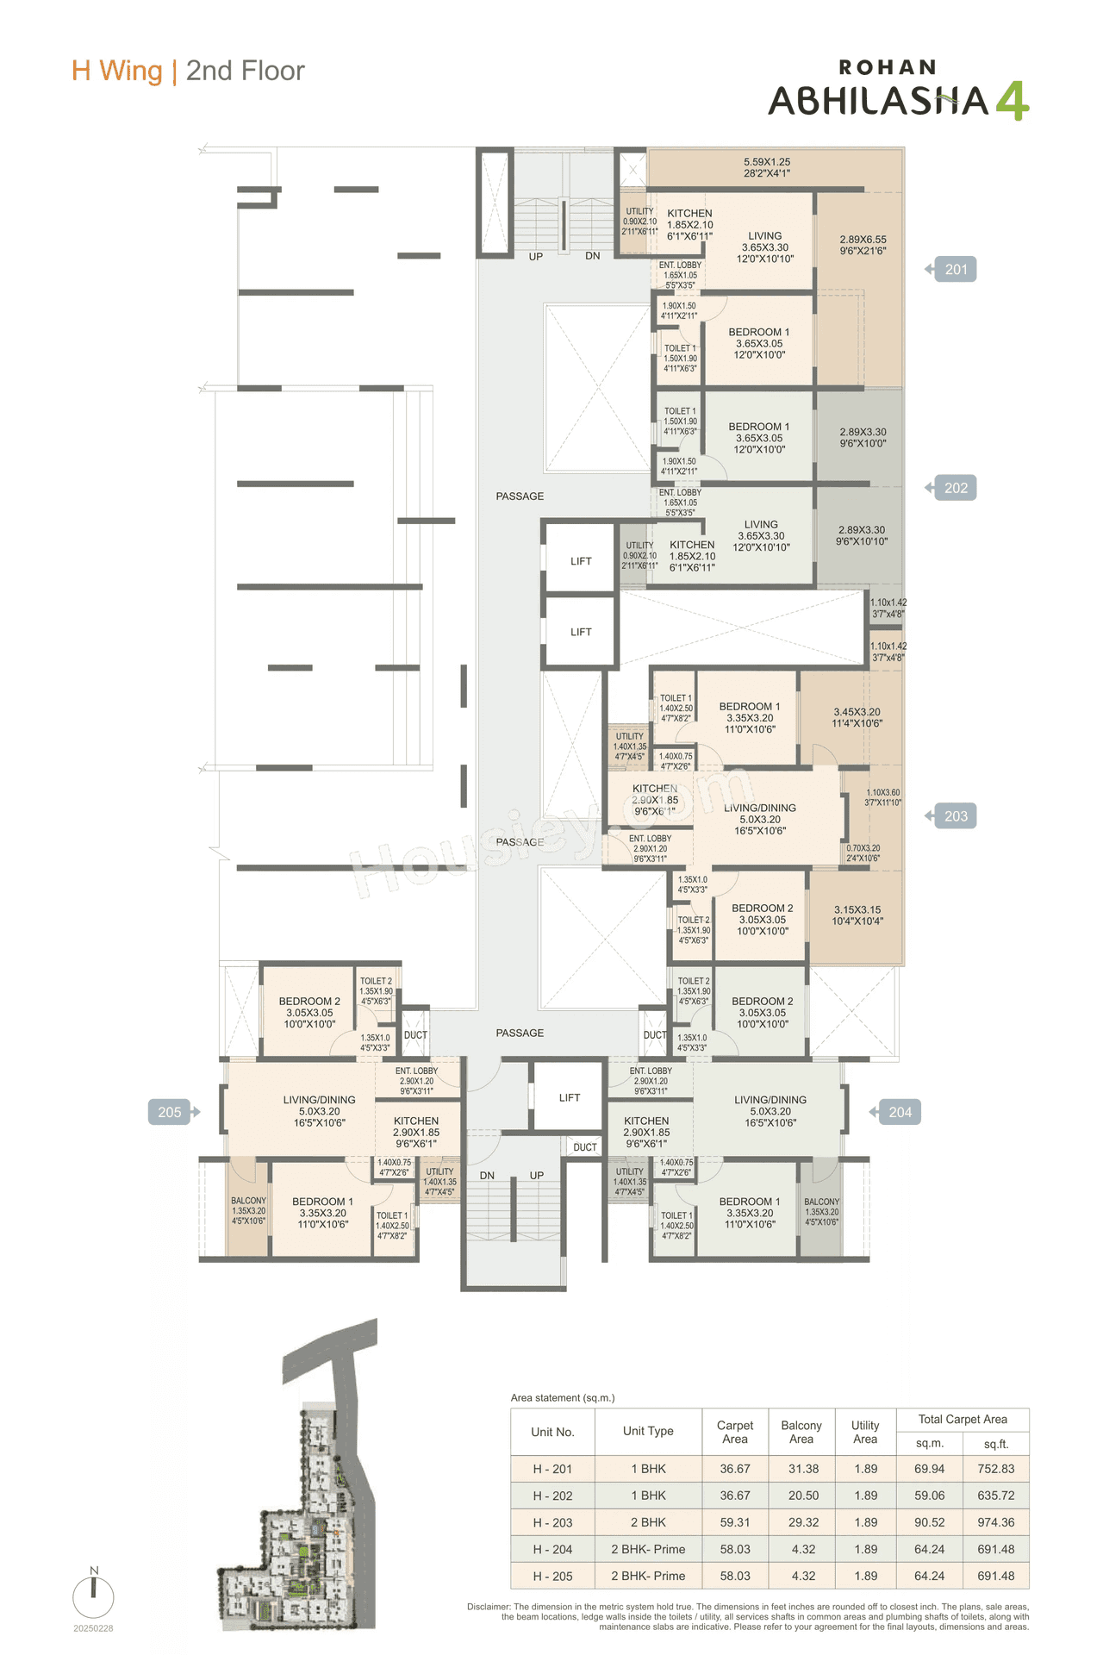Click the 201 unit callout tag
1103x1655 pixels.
click(x=955, y=270)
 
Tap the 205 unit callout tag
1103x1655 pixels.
click(x=171, y=1112)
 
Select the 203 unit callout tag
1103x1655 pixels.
click(x=955, y=816)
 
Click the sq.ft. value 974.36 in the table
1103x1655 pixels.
click(x=995, y=1522)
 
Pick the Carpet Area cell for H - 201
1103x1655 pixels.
click(x=735, y=1469)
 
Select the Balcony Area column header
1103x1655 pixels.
click(x=801, y=1432)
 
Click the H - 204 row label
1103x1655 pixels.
click(x=552, y=1549)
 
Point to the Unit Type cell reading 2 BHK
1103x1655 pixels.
click(x=648, y=1522)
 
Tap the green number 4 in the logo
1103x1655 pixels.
click(x=1012, y=101)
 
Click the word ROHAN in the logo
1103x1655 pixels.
click(x=887, y=67)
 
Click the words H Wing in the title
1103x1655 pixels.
click(x=117, y=71)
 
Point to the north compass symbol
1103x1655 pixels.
click(x=93, y=1596)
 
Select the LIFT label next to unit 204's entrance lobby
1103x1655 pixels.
click(x=570, y=1097)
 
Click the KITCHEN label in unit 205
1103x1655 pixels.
click(x=416, y=1121)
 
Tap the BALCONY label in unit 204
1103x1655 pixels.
click(x=821, y=1202)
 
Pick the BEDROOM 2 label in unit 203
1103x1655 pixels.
click(x=762, y=908)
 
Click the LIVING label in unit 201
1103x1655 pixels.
click(x=764, y=235)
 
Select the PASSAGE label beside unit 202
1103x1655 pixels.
click(x=520, y=496)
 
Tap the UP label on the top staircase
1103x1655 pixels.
click(x=536, y=257)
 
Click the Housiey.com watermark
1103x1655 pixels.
click(x=551, y=827)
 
